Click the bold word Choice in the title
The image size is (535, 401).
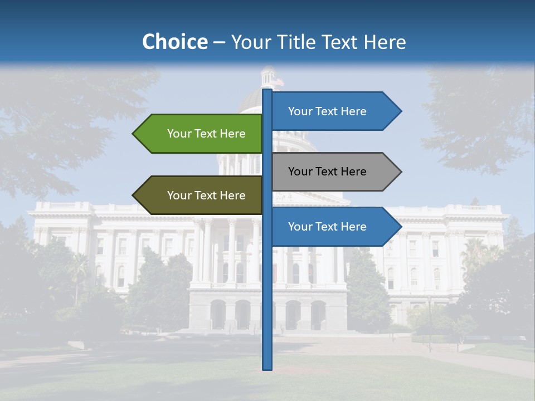point(174,42)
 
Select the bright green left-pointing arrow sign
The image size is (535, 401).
point(201,134)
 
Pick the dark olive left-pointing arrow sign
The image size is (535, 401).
point(201,195)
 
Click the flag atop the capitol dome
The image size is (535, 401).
point(279,82)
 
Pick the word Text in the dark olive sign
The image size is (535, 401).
point(206,195)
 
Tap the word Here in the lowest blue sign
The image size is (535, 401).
point(353,227)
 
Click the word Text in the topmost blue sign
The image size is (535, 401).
point(327,111)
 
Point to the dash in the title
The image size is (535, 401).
point(219,42)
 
